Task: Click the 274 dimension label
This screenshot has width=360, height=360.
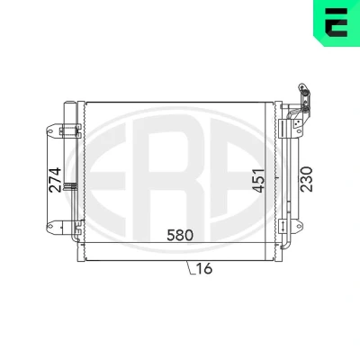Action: tap(56, 180)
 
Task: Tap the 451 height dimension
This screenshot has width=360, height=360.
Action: tap(258, 180)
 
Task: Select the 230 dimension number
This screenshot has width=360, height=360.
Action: tap(307, 179)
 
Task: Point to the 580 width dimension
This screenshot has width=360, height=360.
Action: tap(180, 235)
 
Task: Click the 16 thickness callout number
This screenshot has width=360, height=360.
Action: tap(204, 268)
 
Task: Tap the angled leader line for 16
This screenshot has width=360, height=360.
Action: tap(190, 267)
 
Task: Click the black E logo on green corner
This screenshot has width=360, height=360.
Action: tap(337, 22)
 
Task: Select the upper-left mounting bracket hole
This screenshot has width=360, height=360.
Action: tap(50, 131)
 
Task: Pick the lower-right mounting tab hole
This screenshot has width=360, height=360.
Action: tap(299, 225)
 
